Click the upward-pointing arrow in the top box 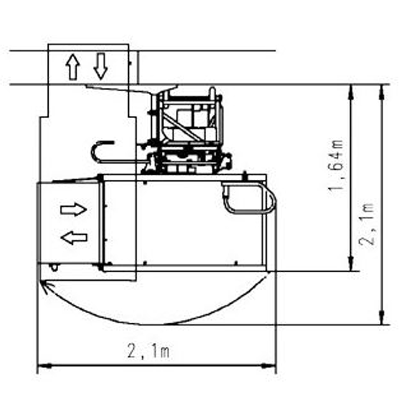click(73, 68)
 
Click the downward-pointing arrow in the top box click(101, 66)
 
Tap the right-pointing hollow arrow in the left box click(74, 209)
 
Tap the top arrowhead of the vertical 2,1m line click(381, 90)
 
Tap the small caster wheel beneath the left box click(53, 267)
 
